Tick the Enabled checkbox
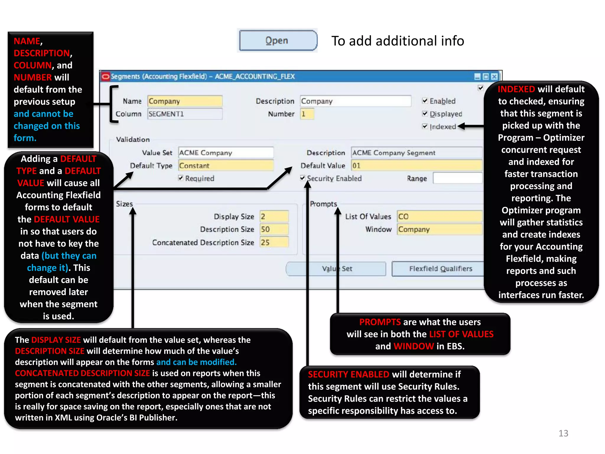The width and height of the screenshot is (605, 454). click(x=425, y=101)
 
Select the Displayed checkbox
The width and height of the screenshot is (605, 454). click(x=425, y=113)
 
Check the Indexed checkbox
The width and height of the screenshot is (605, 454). click(x=425, y=127)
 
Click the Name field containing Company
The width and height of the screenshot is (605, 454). click(x=185, y=101)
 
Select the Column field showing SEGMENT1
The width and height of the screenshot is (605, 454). click(x=185, y=114)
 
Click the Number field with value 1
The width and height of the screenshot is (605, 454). click(x=307, y=114)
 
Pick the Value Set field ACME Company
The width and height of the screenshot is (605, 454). click(x=226, y=153)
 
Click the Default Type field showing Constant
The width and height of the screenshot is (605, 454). click(x=226, y=166)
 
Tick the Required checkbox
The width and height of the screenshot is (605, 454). click(x=181, y=178)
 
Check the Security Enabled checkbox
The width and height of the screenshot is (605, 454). click(x=302, y=178)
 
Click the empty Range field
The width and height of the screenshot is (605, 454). click(x=457, y=178)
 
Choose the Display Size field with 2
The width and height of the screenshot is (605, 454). click(x=274, y=216)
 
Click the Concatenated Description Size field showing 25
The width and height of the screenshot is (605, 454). click(x=274, y=242)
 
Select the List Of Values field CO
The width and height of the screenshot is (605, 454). click(x=439, y=216)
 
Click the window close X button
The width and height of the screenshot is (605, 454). click(x=494, y=77)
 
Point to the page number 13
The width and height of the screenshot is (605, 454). click(x=563, y=433)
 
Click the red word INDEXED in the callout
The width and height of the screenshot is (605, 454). click(x=516, y=89)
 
